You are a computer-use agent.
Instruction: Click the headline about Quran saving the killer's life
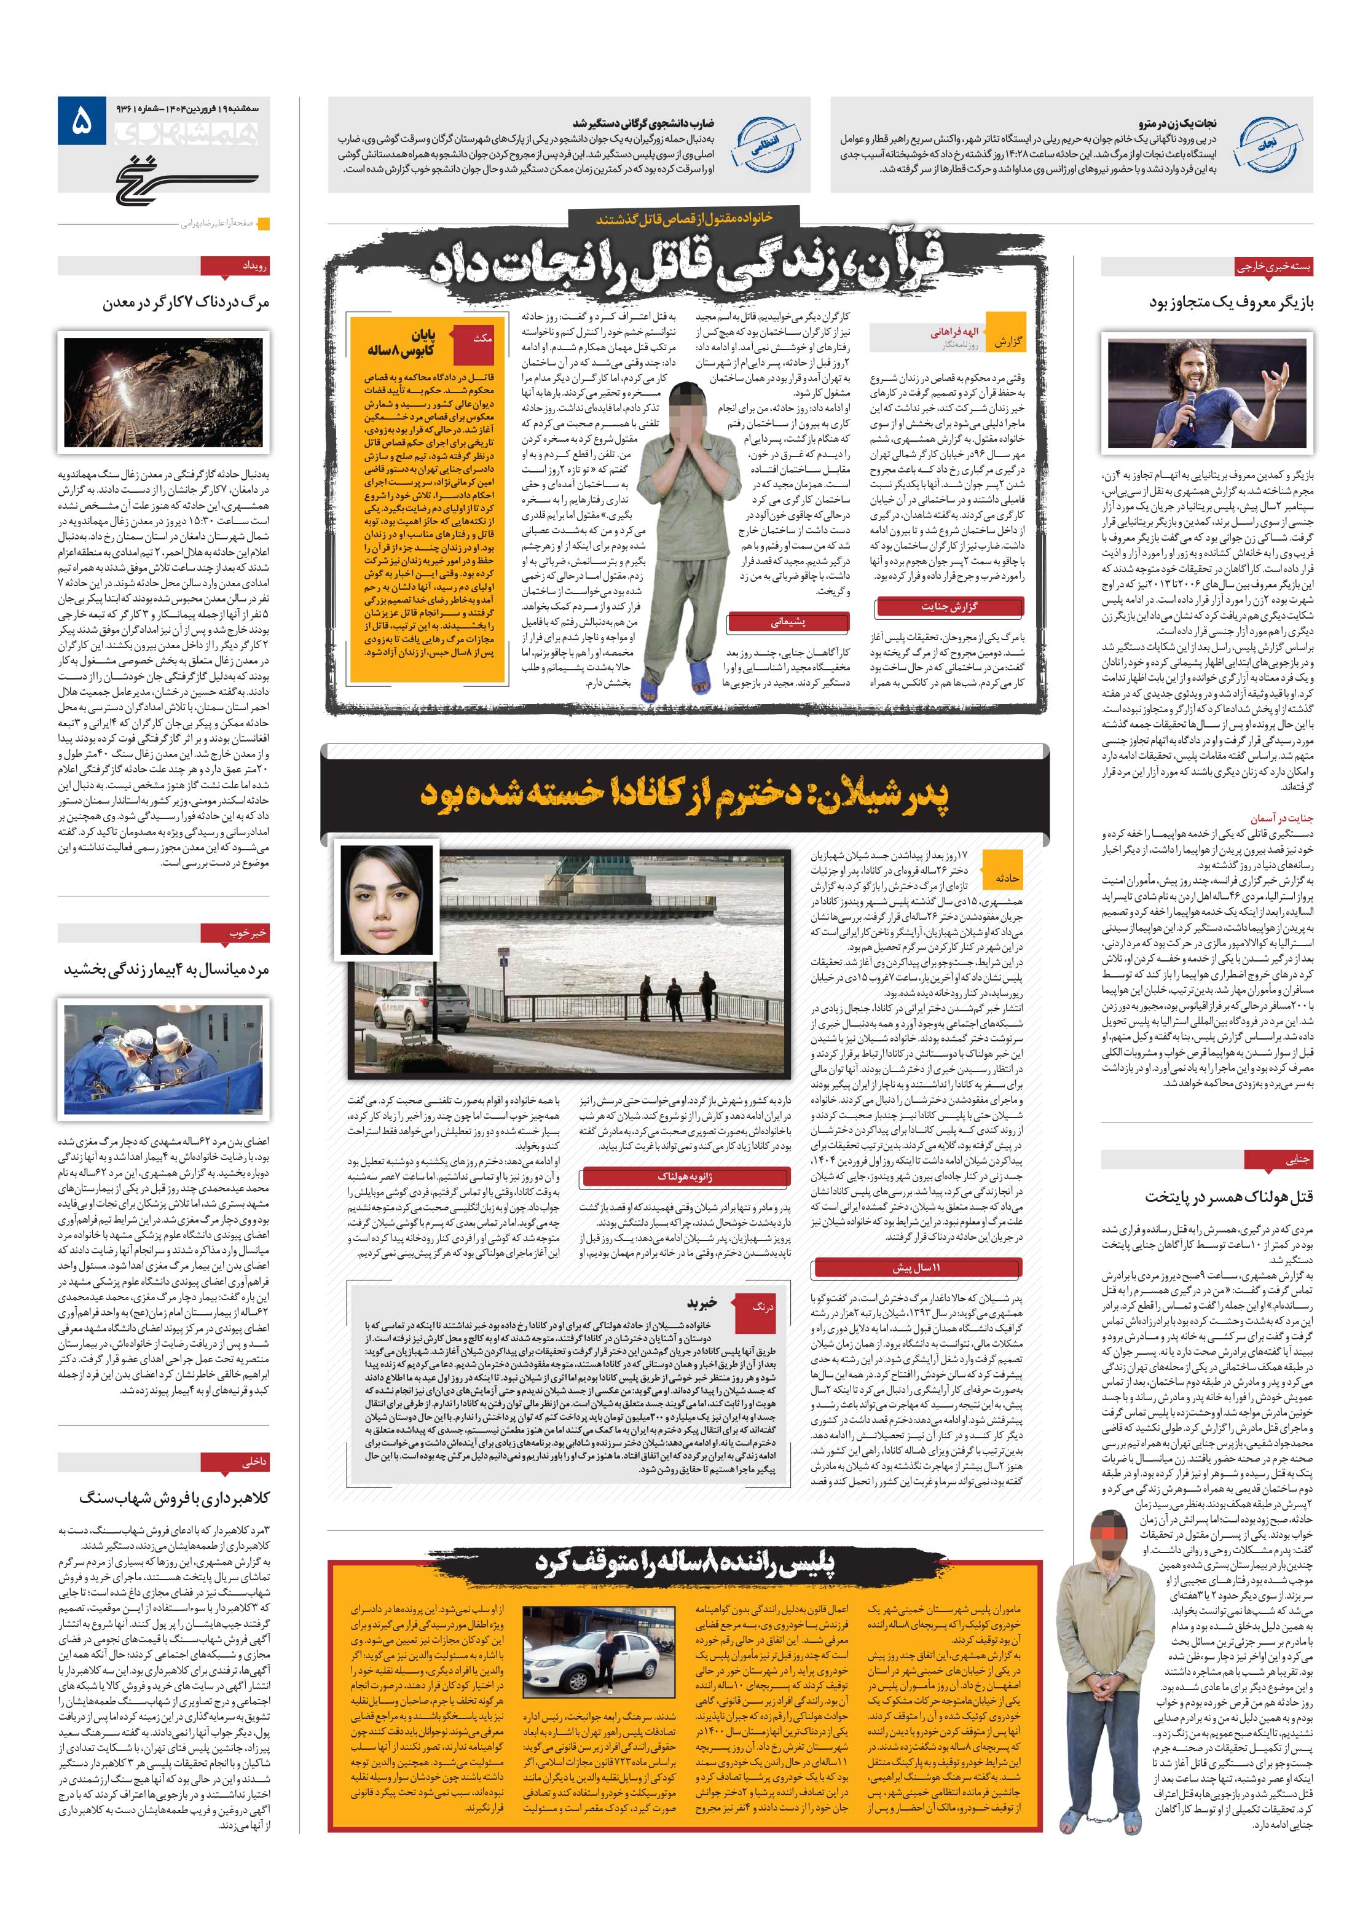click(x=686, y=262)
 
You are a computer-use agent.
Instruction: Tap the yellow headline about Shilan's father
click(x=684, y=794)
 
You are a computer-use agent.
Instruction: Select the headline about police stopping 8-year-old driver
click(x=684, y=1562)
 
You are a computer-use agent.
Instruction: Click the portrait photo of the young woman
click(x=385, y=899)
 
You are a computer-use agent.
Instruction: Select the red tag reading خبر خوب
click(x=235, y=933)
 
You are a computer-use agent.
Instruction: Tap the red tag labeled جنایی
click(x=1274, y=1159)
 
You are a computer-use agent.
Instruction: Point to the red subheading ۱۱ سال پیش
click(x=917, y=1267)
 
